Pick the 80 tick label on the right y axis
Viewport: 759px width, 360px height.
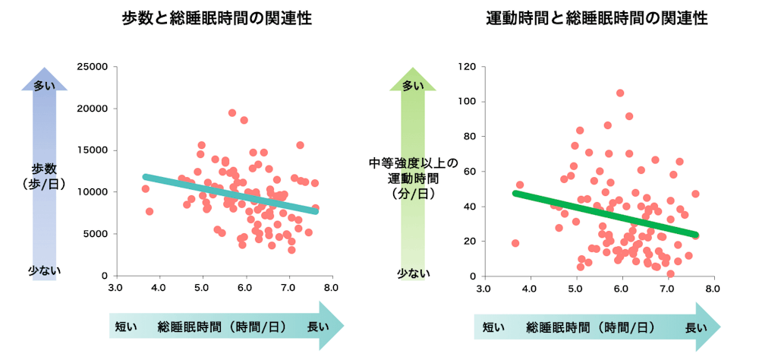[x=470, y=137]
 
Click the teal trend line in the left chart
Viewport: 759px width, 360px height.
[x=228, y=194]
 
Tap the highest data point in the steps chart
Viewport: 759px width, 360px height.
[x=232, y=113]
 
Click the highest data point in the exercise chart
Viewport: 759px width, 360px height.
[x=620, y=93]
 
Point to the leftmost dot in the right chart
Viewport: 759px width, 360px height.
[x=515, y=243]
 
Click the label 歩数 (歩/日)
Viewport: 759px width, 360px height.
[x=44, y=176]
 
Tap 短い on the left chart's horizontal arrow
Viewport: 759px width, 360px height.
[x=125, y=327]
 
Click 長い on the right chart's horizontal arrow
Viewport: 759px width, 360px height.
[x=696, y=327]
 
